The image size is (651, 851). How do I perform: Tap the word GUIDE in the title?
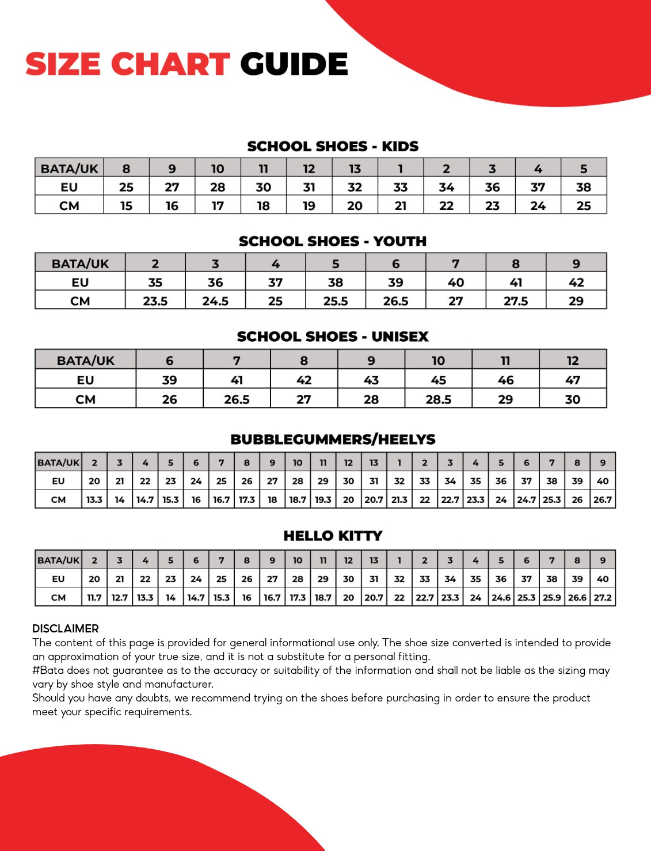(294, 64)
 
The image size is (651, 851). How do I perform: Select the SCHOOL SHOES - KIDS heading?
(333, 146)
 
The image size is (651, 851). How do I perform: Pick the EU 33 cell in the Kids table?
(401, 187)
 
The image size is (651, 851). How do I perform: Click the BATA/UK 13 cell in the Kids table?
(355, 169)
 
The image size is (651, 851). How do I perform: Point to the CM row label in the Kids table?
(69, 205)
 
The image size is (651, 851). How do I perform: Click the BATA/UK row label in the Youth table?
(80, 264)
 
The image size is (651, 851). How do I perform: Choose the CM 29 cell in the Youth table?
(576, 301)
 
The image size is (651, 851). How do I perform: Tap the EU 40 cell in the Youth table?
(455, 283)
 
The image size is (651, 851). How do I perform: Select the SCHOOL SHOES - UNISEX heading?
(333, 337)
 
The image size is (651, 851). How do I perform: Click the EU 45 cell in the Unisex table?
(438, 380)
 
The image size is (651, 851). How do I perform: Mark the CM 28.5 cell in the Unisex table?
(438, 399)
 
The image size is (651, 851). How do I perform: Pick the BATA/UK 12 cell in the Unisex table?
(572, 361)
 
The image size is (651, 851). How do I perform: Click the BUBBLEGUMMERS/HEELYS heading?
(333, 440)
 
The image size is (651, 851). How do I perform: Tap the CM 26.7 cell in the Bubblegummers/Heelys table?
(602, 499)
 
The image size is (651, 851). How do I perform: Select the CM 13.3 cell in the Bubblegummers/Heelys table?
(94, 499)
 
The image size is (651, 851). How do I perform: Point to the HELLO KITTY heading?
(333, 536)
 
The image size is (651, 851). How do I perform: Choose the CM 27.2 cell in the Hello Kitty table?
(602, 597)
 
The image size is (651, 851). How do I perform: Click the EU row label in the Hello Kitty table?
(58, 579)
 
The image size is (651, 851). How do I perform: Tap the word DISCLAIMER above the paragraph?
(66, 628)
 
